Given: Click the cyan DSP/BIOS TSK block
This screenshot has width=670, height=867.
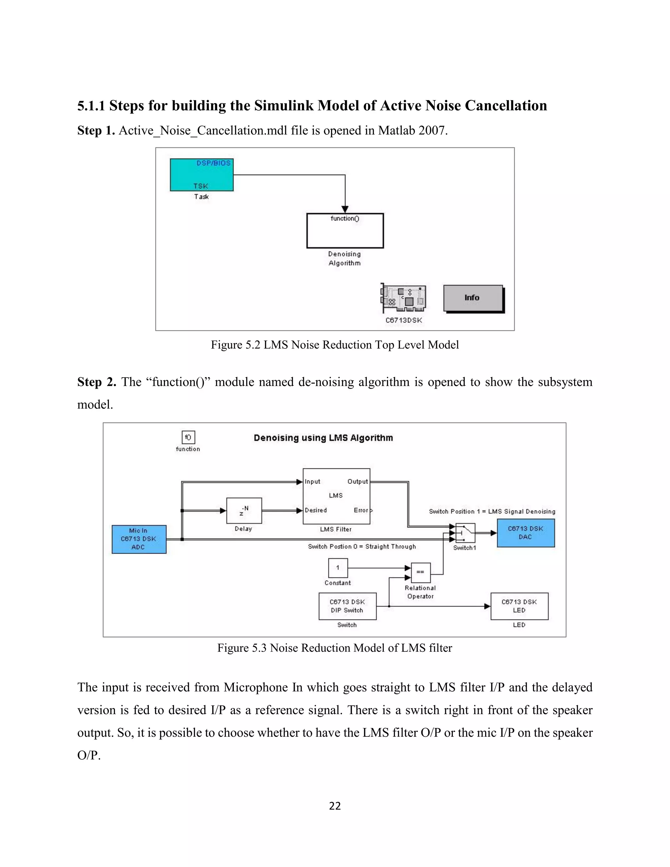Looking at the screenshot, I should (x=202, y=175).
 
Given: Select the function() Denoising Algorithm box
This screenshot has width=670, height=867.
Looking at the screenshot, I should (x=345, y=231).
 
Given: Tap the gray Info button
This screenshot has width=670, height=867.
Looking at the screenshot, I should (x=473, y=298).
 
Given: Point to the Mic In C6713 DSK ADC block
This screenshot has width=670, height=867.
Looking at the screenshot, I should (x=139, y=539).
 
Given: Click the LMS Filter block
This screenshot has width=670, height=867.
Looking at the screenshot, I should (x=336, y=496).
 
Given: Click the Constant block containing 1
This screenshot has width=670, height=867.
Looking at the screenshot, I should (x=338, y=568).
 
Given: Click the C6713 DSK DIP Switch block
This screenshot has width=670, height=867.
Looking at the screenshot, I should (x=347, y=606).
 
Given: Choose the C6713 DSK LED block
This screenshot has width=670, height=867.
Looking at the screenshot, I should (x=519, y=606).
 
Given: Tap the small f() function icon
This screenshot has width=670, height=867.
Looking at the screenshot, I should (x=188, y=437).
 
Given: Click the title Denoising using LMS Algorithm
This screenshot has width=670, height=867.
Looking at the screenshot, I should (x=323, y=438).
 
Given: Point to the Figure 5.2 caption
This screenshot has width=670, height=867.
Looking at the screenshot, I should (x=335, y=345).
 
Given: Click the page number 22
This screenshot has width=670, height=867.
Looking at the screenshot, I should (x=335, y=806).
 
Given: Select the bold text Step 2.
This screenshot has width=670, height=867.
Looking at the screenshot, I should (x=97, y=382).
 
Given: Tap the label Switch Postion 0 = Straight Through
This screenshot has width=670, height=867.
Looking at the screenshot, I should (x=361, y=547).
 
